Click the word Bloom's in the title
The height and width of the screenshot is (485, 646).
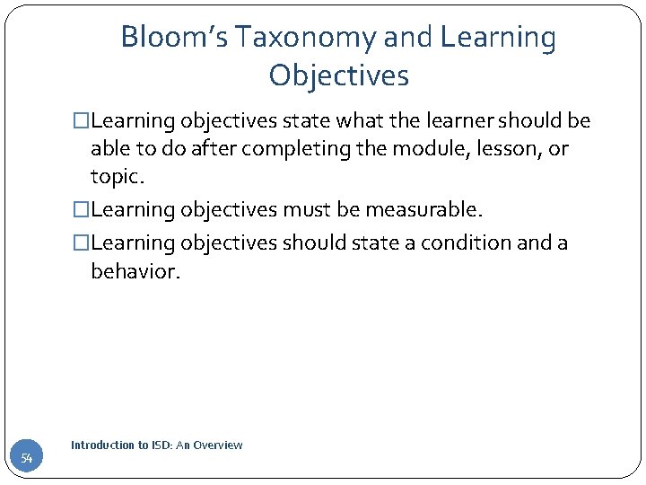click(170, 38)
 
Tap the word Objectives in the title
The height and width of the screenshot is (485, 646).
click(338, 75)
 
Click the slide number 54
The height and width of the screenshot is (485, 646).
click(27, 459)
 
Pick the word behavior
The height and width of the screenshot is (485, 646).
click(135, 272)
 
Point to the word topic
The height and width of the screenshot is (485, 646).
click(117, 178)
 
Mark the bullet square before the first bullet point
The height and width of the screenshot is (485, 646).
click(82, 121)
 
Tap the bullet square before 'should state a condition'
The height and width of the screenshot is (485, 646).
click(82, 243)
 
